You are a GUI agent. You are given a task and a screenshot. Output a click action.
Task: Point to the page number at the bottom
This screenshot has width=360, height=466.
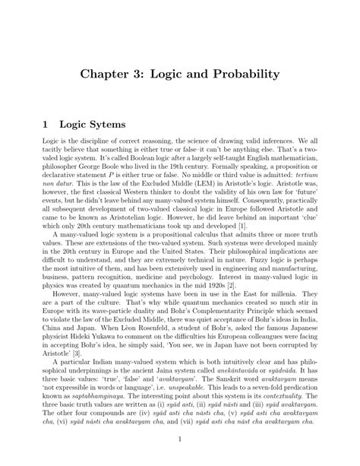click(180, 439)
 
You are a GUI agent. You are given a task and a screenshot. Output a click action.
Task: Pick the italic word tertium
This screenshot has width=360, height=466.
click(300, 175)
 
